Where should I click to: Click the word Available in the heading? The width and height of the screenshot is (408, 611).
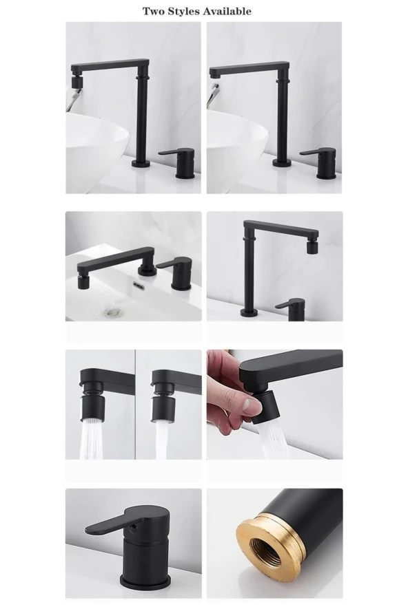227,11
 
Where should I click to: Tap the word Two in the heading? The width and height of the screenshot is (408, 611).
154,11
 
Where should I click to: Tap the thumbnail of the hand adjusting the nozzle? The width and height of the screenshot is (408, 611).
274,404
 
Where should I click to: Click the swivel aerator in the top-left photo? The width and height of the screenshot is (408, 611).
76,81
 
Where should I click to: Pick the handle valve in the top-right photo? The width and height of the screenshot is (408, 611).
321,163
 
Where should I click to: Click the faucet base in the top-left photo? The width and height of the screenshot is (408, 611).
141,163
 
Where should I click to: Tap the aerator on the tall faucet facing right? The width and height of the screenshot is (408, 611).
312,247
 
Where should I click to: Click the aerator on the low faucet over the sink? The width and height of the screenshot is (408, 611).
83,282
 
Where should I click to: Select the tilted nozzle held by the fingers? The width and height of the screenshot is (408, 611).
267,408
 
